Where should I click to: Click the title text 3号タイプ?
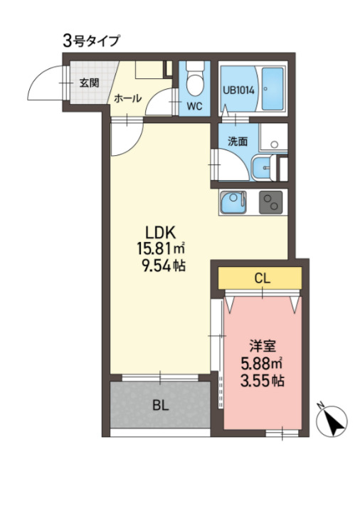pyautogui.click(x=91, y=41)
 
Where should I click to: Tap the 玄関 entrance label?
pyautogui.click(x=89, y=83)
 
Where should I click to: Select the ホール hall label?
pyautogui.click(x=127, y=98)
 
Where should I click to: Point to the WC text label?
pyautogui.click(x=194, y=106)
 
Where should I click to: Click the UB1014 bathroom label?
pyautogui.click(x=238, y=90)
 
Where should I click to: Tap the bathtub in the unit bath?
pyautogui.click(x=272, y=89)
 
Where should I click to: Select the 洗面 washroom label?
pyautogui.click(x=238, y=142)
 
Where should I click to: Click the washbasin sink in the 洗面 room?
pyautogui.click(x=263, y=168)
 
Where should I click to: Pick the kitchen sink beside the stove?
pyautogui.click(x=233, y=202)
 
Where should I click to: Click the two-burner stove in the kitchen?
pyautogui.click(x=271, y=202)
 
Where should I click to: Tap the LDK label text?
pyautogui.click(x=161, y=233)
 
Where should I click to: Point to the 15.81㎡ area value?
pyautogui.click(x=161, y=249)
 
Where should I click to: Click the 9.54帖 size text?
pyautogui.click(x=164, y=266)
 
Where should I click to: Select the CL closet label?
pyautogui.click(x=263, y=278)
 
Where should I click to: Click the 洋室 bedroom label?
pyautogui.click(x=263, y=346)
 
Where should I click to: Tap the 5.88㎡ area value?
pyautogui.click(x=261, y=364)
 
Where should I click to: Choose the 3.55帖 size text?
pyautogui.click(x=262, y=380)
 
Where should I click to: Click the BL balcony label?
pyautogui.click(x=161, y=406)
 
